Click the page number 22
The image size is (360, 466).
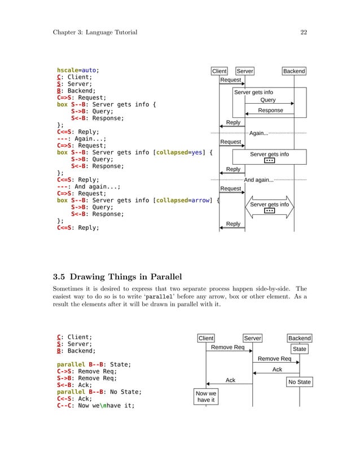tap(304, 32)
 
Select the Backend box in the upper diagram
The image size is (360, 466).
tap(294, 71)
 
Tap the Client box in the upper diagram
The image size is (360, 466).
tap(219, 71)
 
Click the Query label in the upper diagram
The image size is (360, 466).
tap(268, 100)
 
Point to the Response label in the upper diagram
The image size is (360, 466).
tap(270, 111)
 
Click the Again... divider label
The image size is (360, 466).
tap(258, 134)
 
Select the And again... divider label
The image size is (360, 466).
tap(258, 181)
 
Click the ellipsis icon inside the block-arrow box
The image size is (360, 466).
tap(269, 211)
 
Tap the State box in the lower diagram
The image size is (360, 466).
tap(300, 349)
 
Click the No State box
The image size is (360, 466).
tap(299, 382)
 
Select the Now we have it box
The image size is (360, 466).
tap(205, 397)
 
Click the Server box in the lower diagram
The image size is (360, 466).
tap(252, 338)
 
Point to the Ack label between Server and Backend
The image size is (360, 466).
tap(277, 370)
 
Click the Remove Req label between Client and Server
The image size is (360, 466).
tap(227, 348)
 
